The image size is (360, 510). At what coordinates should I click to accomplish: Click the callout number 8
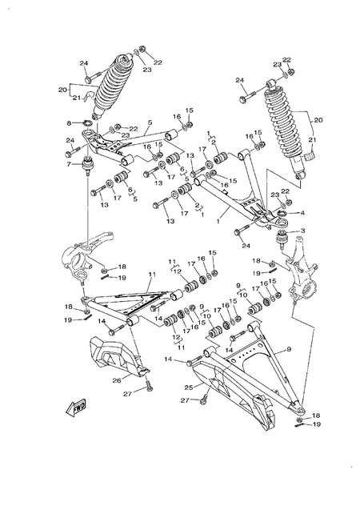coord(70,122)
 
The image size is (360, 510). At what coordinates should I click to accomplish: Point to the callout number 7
coord(70,166)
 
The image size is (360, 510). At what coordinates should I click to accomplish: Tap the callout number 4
coord(302,213)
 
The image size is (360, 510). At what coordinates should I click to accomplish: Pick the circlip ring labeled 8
coord(83,123)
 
